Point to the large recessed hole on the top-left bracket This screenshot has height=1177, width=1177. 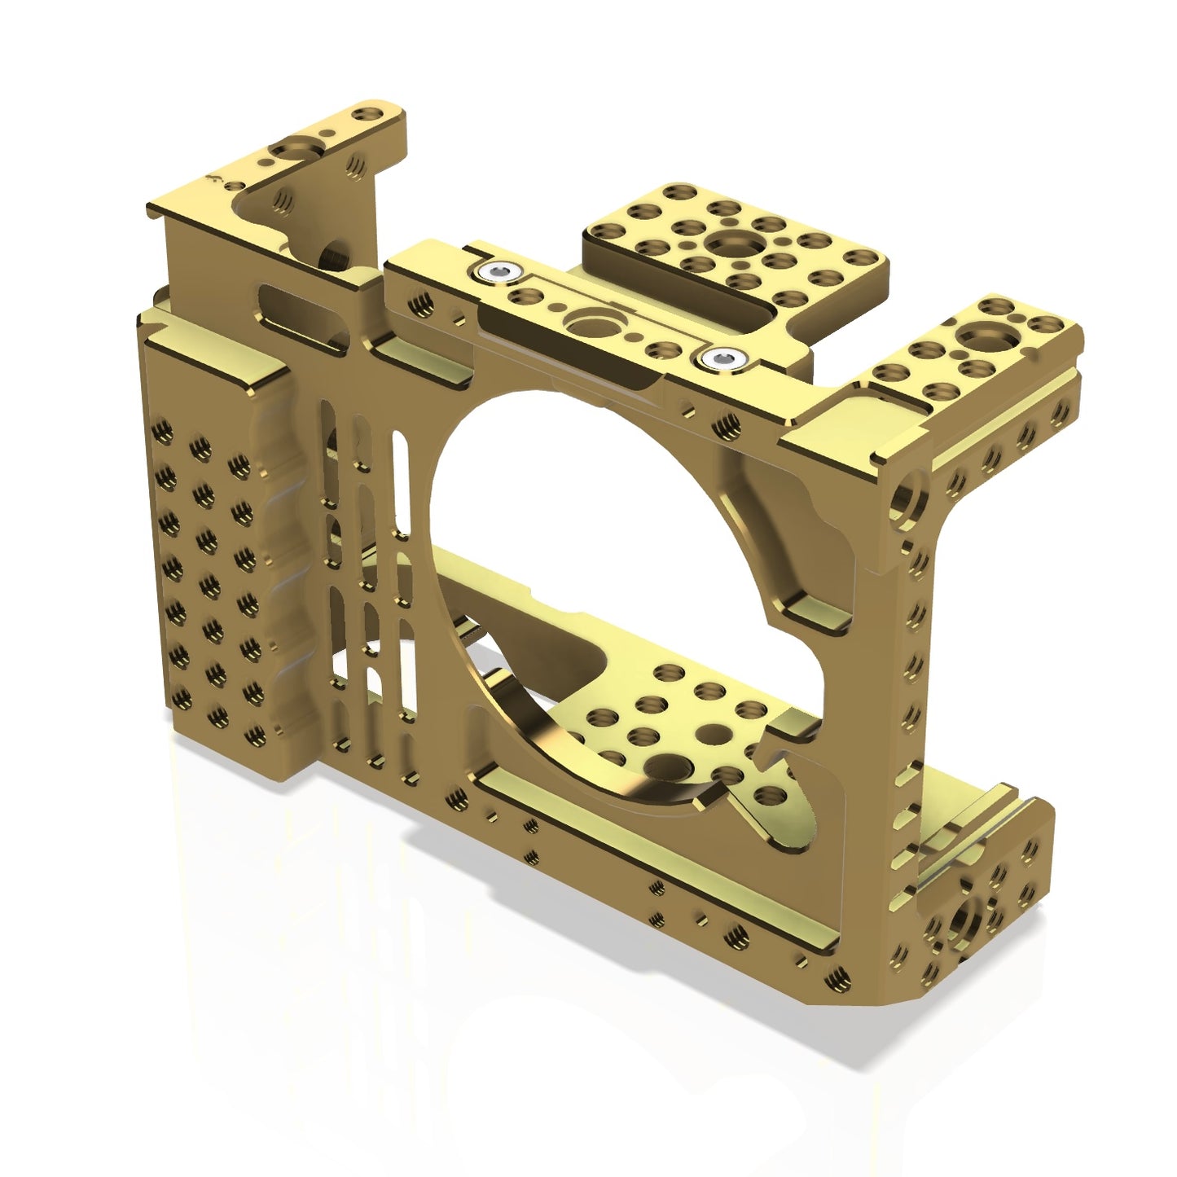289,152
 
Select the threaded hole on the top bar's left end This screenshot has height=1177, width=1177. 420,305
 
